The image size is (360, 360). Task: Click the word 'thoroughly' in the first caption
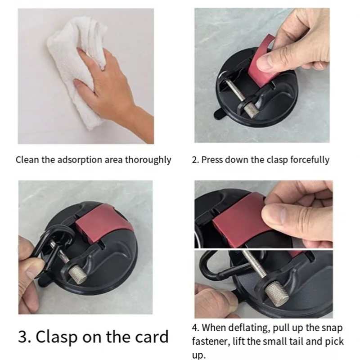pyautogui.click(x=148, y=160)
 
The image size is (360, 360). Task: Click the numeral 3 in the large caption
pyautogui.click(x=23, y=337)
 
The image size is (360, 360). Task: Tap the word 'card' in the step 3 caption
pyautogui.click(x=152, y=337)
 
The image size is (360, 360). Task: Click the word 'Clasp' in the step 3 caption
pyautogui.click(x=57, y=337)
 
